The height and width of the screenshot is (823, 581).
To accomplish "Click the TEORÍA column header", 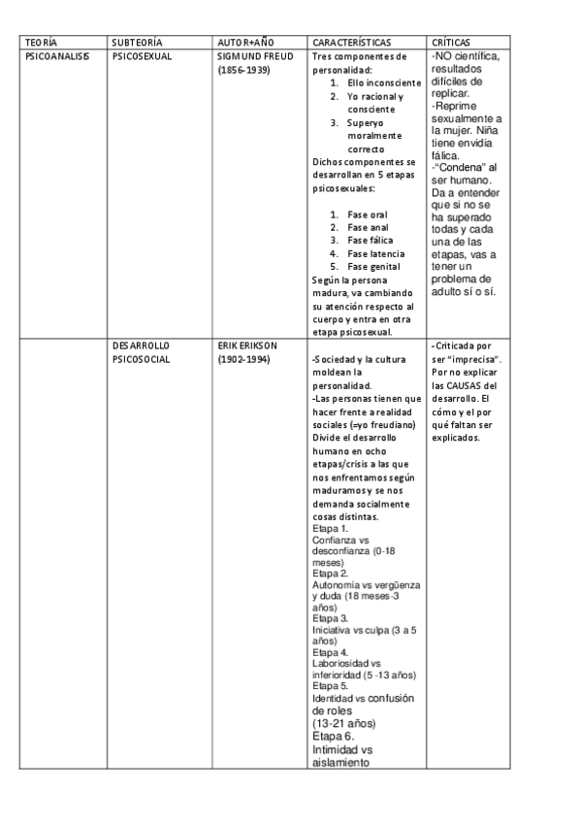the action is (41, 44).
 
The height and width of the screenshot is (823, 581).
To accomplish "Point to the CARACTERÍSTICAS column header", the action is (352, 44).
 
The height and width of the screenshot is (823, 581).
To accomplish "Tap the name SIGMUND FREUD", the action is (255, 57).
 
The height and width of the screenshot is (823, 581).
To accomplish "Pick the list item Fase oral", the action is (367, 214).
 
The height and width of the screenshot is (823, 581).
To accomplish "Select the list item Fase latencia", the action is (373, 253).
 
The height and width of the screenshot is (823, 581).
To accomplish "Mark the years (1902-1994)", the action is (244, 359).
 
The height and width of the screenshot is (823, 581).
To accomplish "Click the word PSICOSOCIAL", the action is (142, 359).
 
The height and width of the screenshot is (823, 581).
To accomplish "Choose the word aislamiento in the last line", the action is (341, 763).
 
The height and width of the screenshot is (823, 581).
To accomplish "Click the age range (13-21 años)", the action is (344, 723).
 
